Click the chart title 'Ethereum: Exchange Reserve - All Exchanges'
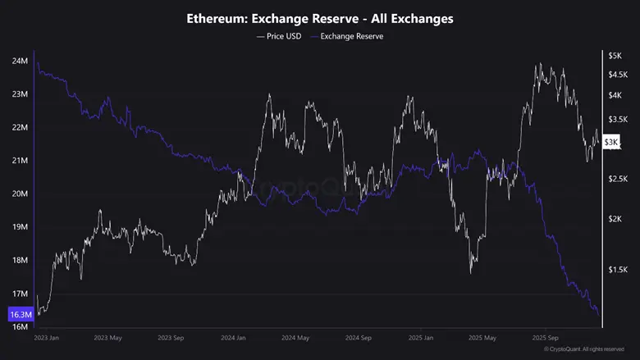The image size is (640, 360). [x=320, y=18]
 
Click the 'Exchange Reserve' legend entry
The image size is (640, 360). [x=347, y=37]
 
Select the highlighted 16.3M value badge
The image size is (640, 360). [x=20, y=314]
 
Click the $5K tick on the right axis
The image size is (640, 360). [x=615, y=56]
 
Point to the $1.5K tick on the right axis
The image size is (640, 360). [x=617, y=269]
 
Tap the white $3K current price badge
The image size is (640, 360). [x=612, y=142]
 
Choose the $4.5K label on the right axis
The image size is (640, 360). [x=617, y=75]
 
